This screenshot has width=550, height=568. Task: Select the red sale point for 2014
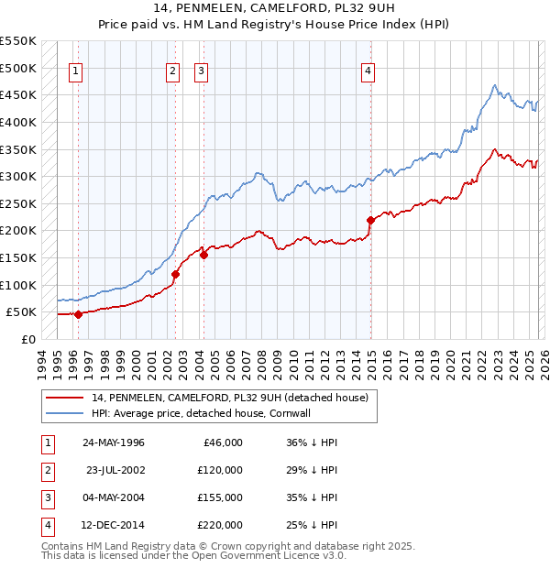[x=371, y=220]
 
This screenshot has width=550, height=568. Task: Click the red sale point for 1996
[x=78, y=314]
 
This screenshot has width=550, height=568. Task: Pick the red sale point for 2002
[x=175, y=274]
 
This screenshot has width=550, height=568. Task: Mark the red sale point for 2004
[x=203, y=256]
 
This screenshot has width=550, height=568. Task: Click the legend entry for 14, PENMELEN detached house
[x=229, y=398]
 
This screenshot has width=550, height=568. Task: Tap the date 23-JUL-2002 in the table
[x=115, y=470]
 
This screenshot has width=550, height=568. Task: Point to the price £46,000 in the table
[x=221, y=442]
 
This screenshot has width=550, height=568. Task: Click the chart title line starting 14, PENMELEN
[x=275, y=10]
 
